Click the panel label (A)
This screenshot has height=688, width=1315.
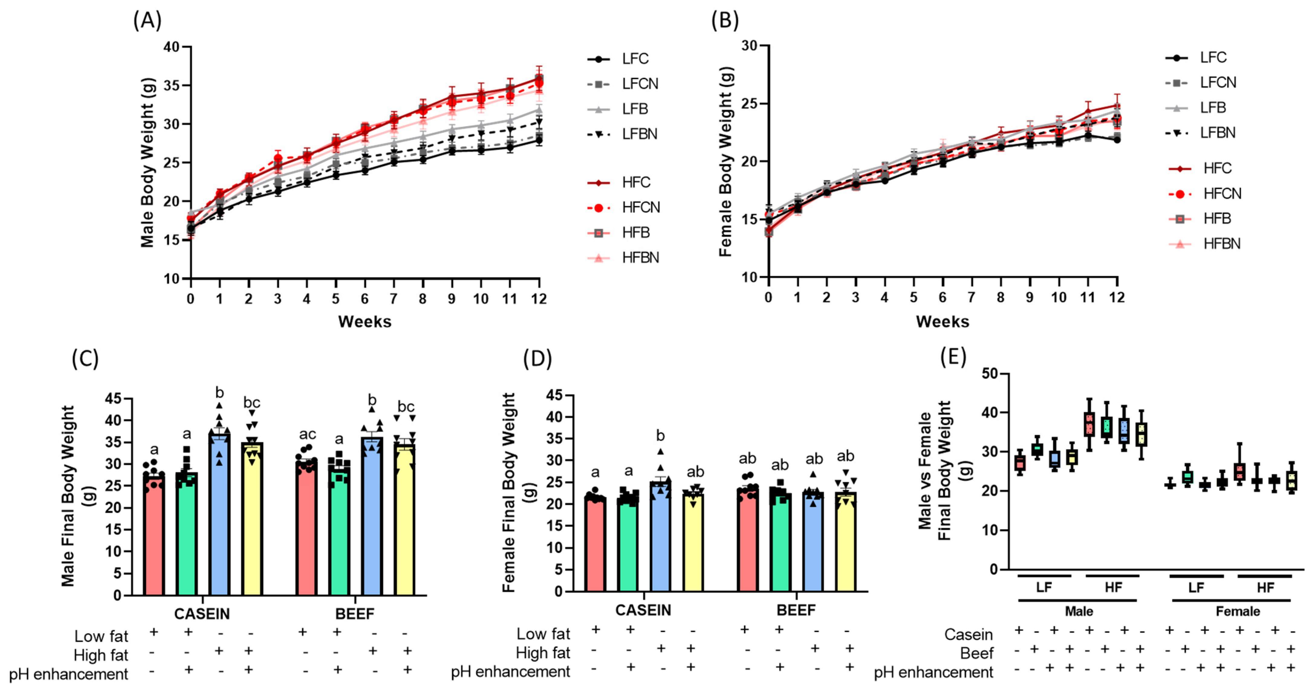point(147,21)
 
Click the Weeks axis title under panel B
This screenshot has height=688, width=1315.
point(942,322)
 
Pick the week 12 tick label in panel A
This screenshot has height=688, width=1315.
point(539,299)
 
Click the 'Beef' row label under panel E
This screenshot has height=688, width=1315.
point(976,653)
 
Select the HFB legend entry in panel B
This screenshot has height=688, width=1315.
point(1217,219)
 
